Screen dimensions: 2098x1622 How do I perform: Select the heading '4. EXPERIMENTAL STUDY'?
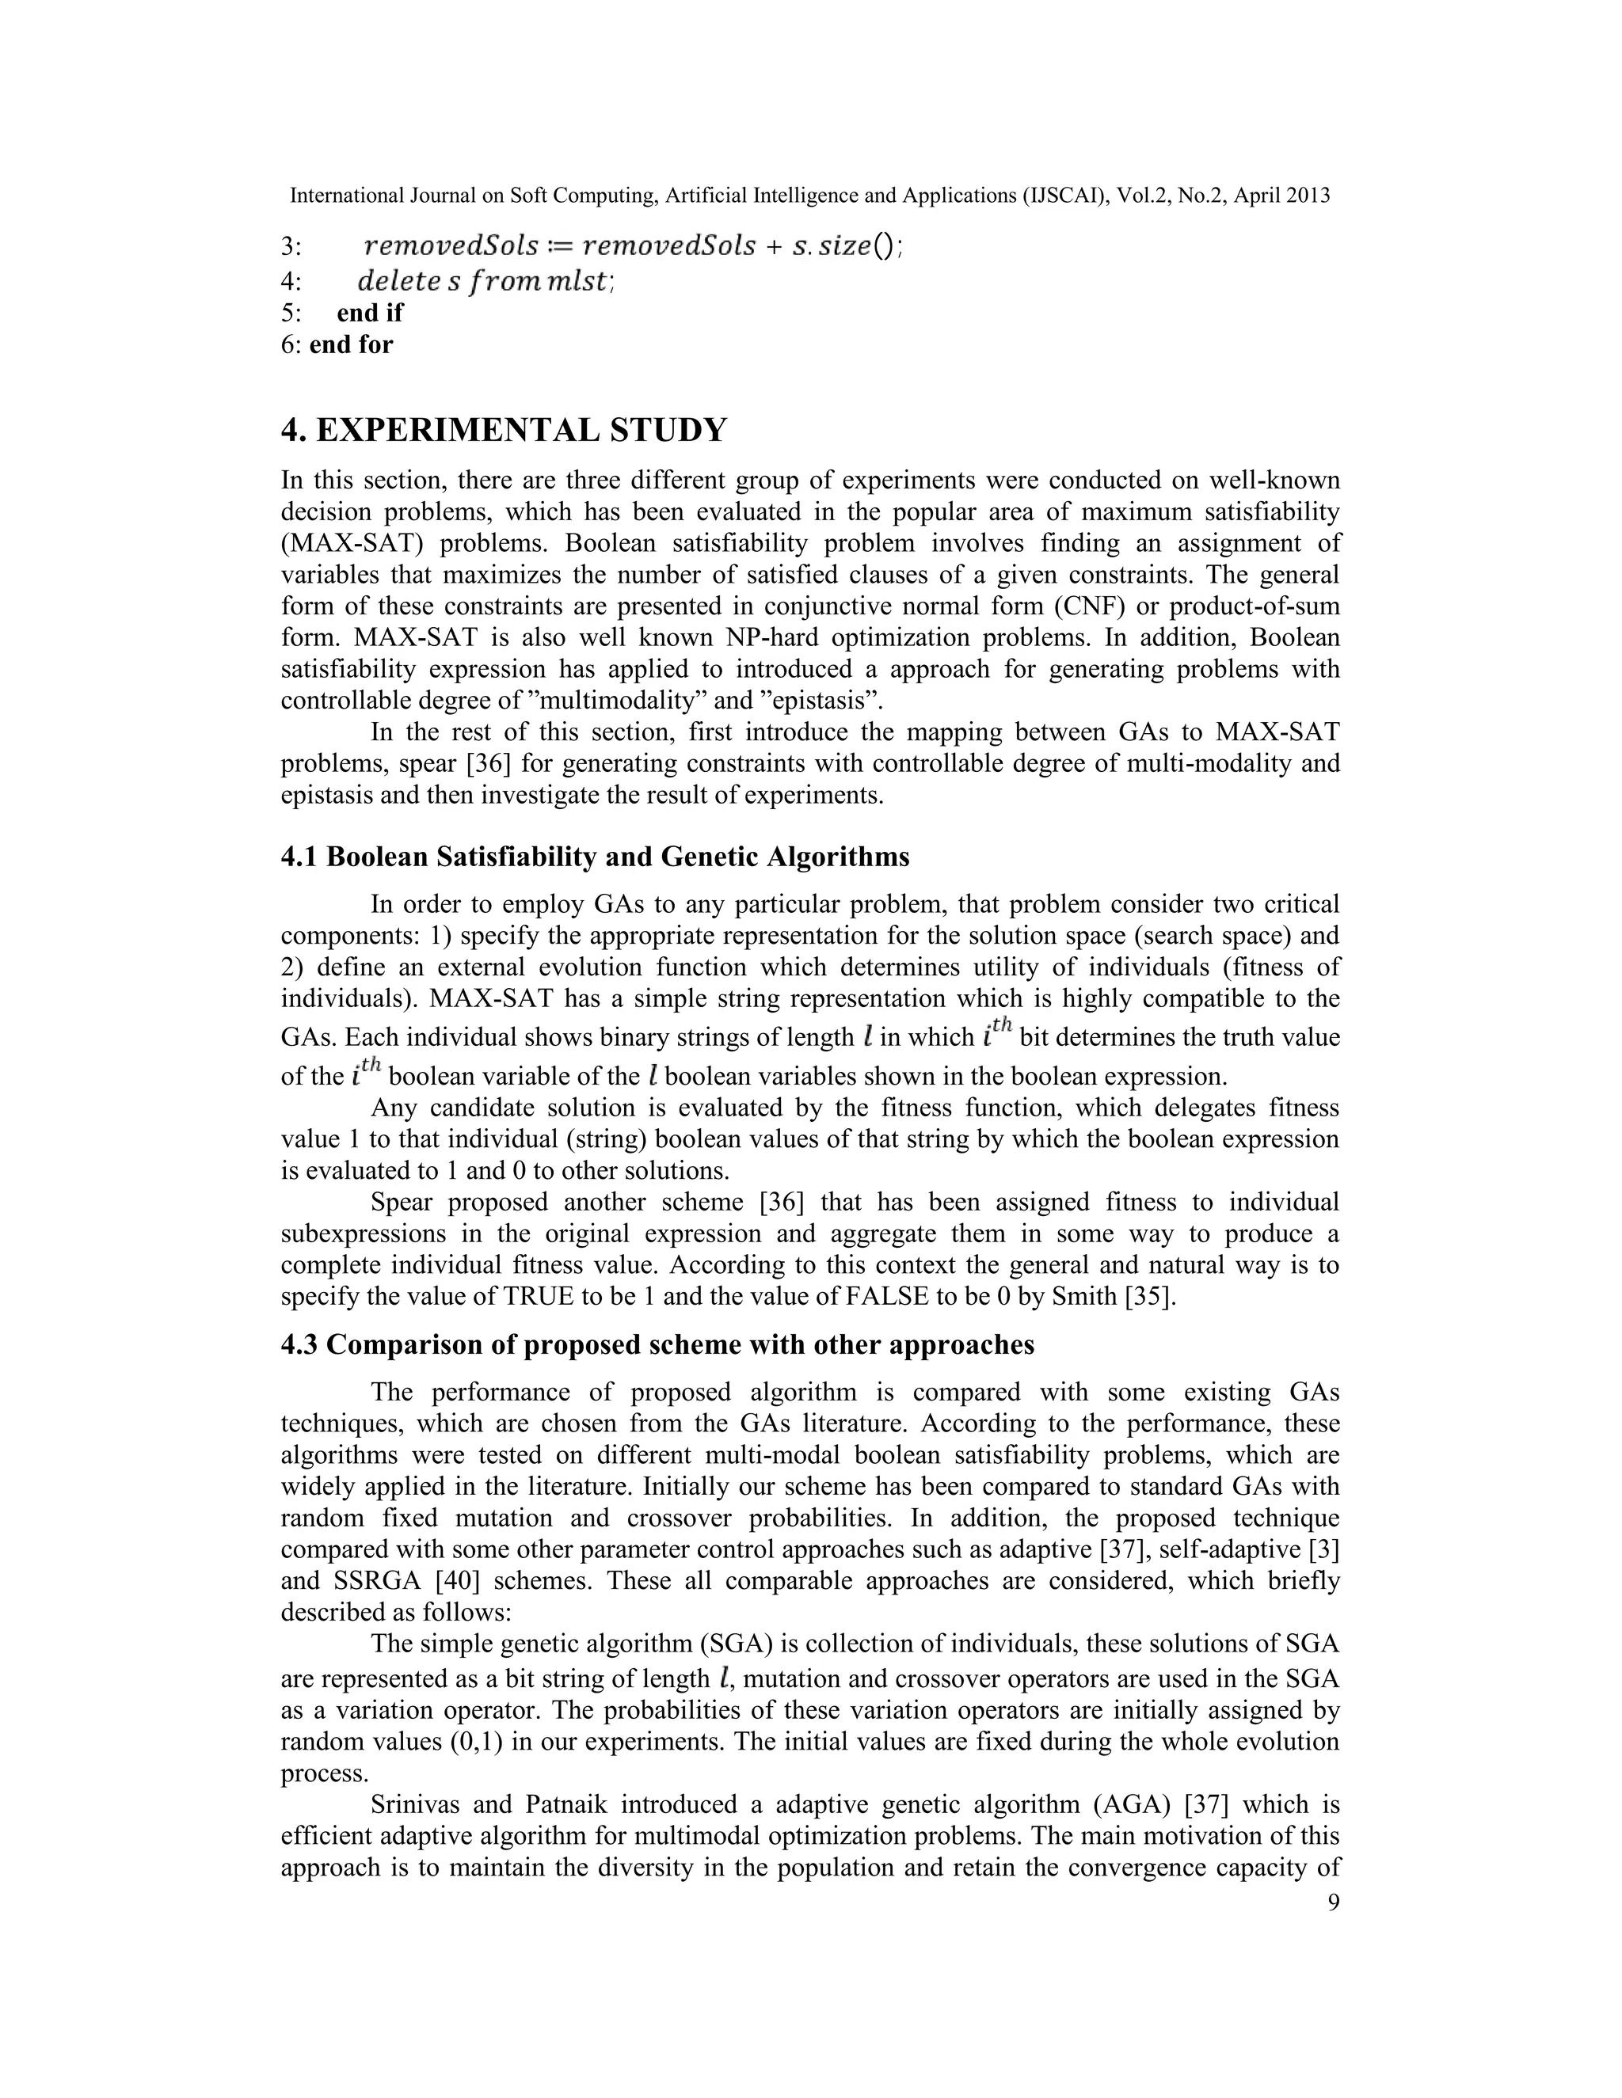click(504, 431)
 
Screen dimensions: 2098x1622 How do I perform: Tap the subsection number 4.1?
click(300, 856)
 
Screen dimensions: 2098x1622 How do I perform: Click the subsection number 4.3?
click(300, 1344)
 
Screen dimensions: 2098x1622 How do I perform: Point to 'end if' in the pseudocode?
click(370, 312)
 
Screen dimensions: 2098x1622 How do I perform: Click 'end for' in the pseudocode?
click(351, 344)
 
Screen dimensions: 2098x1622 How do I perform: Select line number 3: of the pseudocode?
click(291, 247)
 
